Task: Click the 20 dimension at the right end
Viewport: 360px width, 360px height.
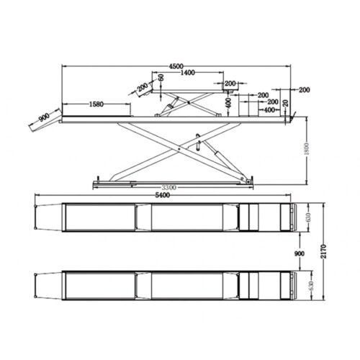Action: [x=288, y=102]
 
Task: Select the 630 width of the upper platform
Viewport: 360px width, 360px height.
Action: [x=309, y=217]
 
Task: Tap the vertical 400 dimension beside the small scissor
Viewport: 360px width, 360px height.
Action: [x=228, y=103]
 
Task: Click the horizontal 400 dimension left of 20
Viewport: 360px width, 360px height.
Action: [x=270, y=109]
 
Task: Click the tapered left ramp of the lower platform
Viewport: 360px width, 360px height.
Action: [x=48, y=284]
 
